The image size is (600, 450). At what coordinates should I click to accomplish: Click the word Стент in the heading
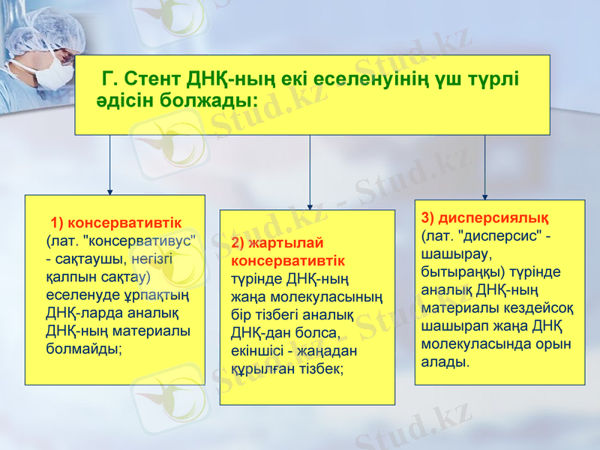[153, 79]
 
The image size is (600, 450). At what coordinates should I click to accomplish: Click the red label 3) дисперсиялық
[484, 218]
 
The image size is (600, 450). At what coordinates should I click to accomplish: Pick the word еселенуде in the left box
[80, 295]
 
